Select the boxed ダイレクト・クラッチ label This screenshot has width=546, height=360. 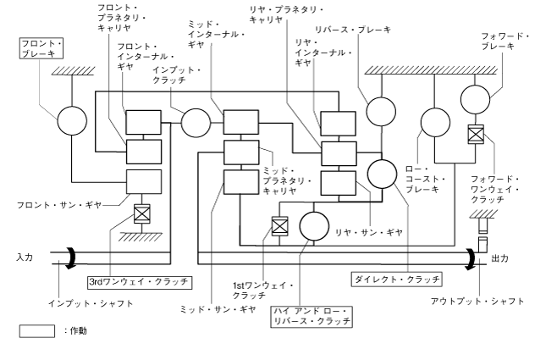[x=396, y=278]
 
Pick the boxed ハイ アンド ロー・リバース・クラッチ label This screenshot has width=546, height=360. [x=311, y=316]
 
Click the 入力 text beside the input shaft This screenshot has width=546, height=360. [x=24, y=257]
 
